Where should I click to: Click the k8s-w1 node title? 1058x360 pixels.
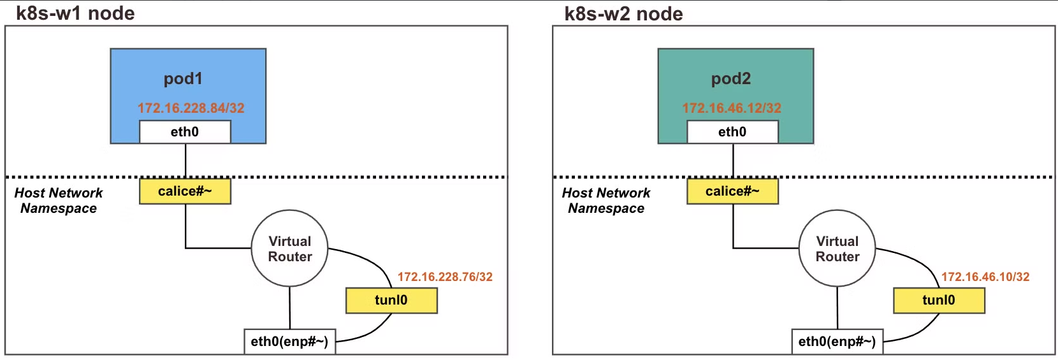click(x=75, y=13)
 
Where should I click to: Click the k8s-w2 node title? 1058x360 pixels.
click(x=623, y=13)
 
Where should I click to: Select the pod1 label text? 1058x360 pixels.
click(x=183, y=78)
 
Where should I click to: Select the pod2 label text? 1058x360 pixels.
click(x=731, y=78)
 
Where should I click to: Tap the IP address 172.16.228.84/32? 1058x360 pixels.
click(x=191, y=108)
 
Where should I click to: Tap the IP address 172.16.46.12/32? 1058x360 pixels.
click(x=732, y=108)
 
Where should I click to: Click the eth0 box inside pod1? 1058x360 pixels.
click(x=185, y=132)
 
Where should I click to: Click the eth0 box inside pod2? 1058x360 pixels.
click(x=732, y=132)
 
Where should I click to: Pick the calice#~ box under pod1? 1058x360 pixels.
click(x=185, y=191)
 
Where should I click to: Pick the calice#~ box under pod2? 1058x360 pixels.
click(x=732, y=191)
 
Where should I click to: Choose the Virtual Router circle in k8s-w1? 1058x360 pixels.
click(x=290, y=248)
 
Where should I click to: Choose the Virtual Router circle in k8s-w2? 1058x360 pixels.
click(x=837, y=248)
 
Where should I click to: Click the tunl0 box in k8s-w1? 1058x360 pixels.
click(x=391, y=300)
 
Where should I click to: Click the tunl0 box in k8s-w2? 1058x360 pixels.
click(x=939, y=300)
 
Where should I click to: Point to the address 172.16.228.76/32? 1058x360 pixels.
click(x=445, y=277)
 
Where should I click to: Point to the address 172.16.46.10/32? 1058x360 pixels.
click(x=985, y=277)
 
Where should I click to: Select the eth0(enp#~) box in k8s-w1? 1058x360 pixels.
click(x=289, y=342)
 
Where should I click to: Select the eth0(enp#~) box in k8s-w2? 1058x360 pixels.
click(x=837, y=342)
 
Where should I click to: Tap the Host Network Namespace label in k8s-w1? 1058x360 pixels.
click(x=59, y=200)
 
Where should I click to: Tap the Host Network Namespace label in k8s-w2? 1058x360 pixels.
click(x=606, y=200)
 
